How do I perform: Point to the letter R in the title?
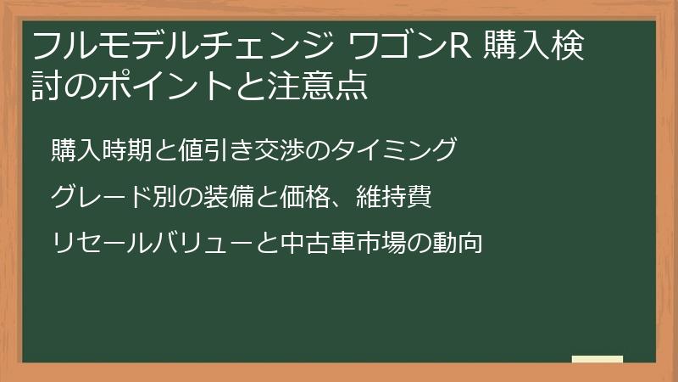(x=457, y=47)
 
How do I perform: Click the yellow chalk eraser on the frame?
(x=597, y=360)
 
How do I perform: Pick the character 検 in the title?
(x=570, y=47)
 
